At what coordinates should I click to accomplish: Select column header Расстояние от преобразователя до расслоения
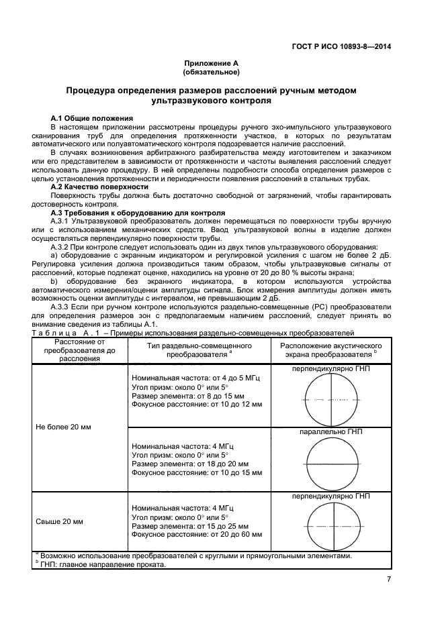(x=79, y=350)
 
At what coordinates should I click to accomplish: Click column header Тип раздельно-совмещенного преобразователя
(x=199, y=350)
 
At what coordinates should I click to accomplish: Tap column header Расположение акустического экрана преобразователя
(x=328, y=350)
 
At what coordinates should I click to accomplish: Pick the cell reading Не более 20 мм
(x=62, y=427)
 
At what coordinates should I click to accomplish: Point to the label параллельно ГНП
(x=330, y=433)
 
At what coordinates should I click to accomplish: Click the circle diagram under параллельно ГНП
(x=330, y=464)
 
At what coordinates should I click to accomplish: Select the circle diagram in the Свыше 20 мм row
(x=330, y=526)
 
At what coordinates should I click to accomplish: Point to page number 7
(x=388, y=580)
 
